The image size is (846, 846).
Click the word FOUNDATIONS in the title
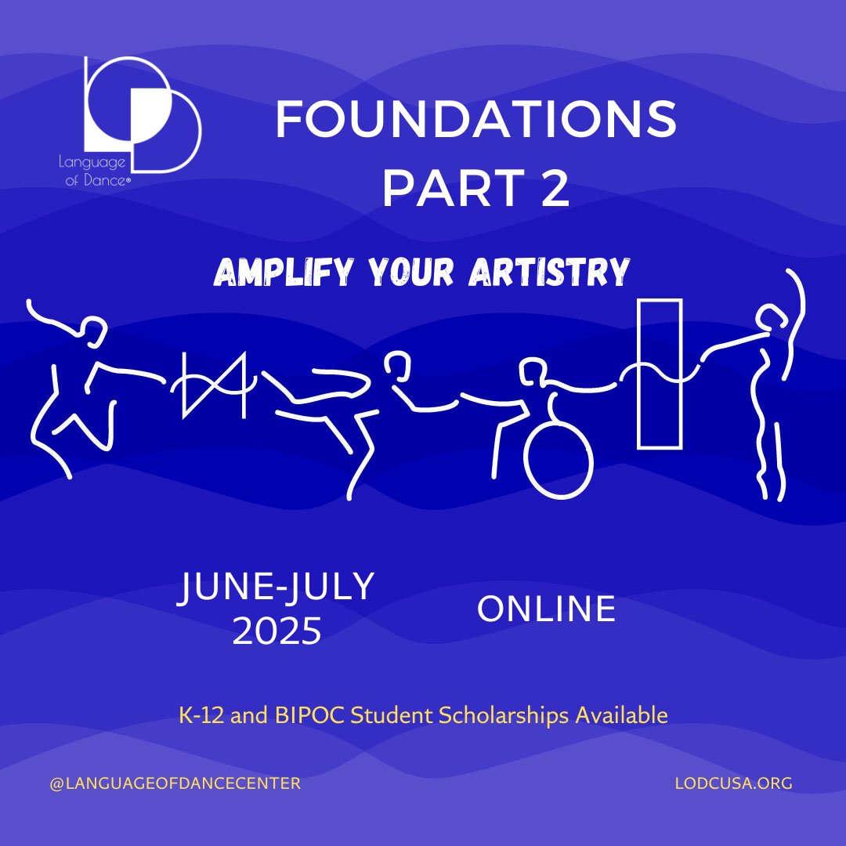tap(475, 121)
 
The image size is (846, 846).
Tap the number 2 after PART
tap(554, 189)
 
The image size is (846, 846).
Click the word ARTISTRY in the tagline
tap(551, 272)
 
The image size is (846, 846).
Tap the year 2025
tap(277, 631)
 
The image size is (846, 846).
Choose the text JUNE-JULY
tap(277, 587)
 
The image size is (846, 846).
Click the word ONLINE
tap(546, 610)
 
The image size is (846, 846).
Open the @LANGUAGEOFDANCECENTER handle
tap(175, 783)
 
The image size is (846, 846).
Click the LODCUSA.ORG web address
tap(734, 783)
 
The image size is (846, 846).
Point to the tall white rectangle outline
tap(659, 374)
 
